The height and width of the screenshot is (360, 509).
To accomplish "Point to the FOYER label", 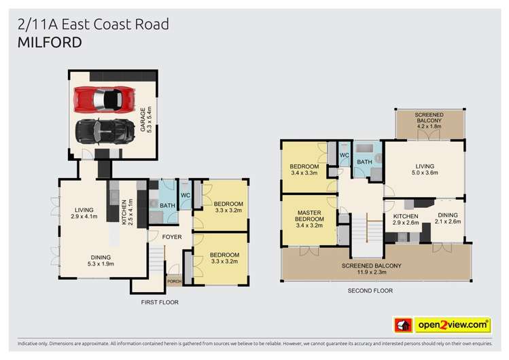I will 171,236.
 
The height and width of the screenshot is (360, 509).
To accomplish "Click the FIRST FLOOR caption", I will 160,300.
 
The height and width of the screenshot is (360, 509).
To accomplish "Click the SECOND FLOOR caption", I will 370,290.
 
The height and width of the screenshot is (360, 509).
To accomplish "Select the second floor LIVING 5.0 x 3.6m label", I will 426,169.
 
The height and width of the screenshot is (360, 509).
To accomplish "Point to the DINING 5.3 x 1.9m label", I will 101,260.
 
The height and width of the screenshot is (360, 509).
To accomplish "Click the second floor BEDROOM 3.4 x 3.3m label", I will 304,169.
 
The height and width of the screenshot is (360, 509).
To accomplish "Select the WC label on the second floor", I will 344,156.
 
